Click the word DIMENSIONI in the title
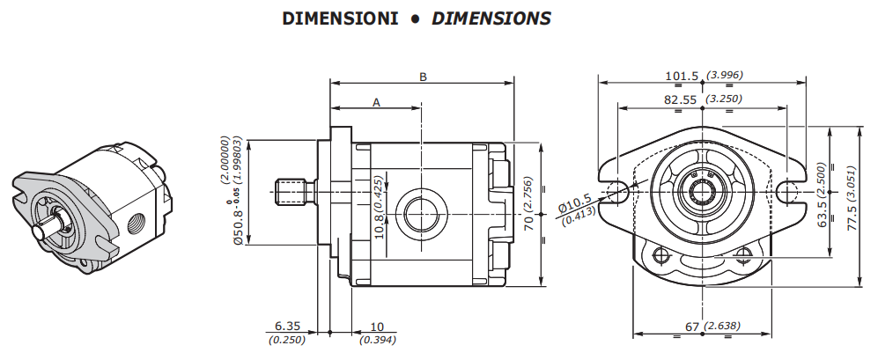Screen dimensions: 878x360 point(340,18)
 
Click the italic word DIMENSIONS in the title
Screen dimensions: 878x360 point(491,18)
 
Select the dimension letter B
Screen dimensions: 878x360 point(424,77)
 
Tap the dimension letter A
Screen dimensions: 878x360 point(376,102)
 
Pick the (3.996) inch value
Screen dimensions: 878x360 point(725,75)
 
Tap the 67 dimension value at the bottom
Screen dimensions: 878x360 point(693,327)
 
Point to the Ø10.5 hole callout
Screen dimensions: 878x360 point(575,206)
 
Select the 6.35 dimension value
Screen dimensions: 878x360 point(287,326)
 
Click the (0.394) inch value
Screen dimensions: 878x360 point(378,340)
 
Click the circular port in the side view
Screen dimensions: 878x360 point(421,214)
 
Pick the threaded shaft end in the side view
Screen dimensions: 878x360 point(291,191)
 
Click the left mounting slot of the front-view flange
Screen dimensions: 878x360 point(615,192)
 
